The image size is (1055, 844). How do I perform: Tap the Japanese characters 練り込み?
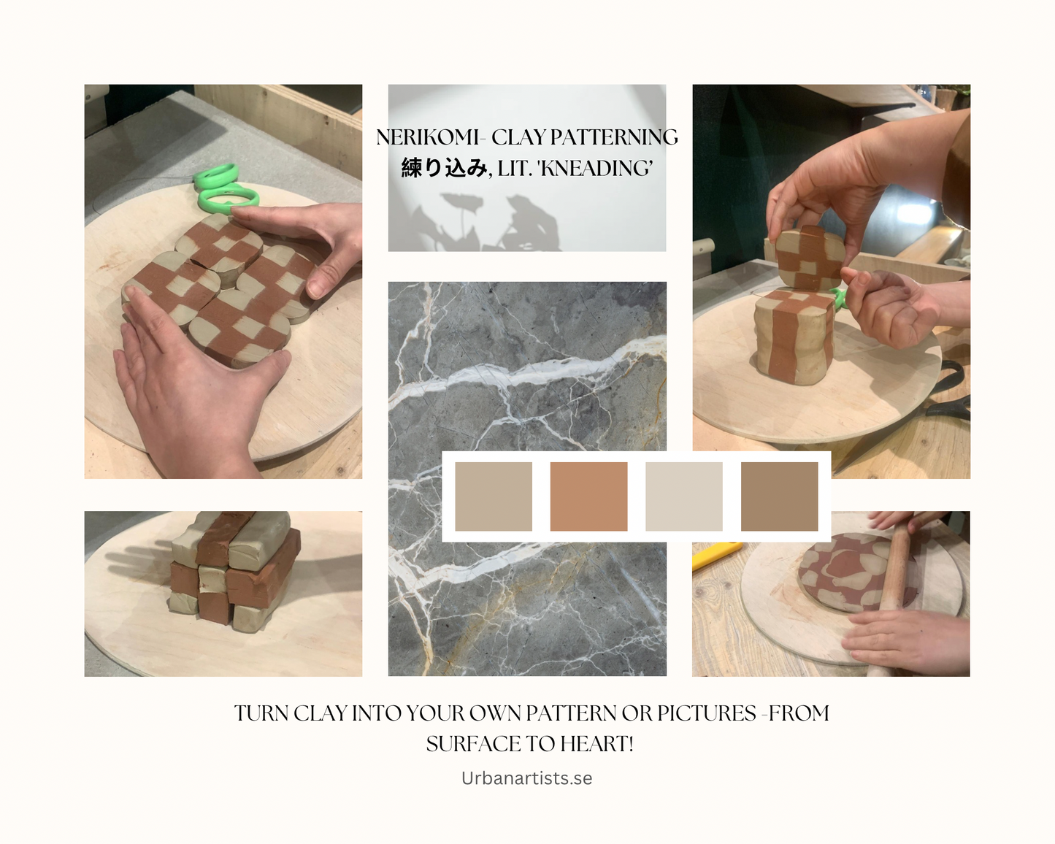pos(444,169)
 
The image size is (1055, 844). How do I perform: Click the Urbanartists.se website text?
pos(526,778)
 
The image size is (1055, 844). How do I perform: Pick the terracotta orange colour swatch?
pos(588,496)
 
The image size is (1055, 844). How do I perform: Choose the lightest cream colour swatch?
pos(684,496)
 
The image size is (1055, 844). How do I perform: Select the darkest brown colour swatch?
pos(779,496)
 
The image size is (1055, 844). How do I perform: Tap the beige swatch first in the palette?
pos(494,496)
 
